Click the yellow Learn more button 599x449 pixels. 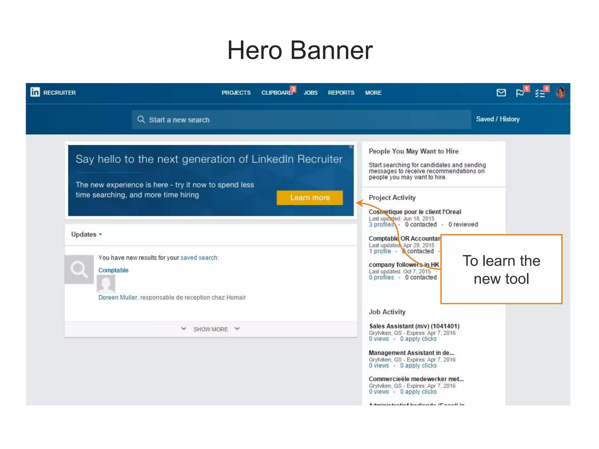pyautogui.click(x=309, y=198)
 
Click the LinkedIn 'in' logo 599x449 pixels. pyautogui.click(x=35, y=92)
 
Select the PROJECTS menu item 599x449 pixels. pyautogui.click(x=236, y=93)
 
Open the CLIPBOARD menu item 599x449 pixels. pyautogui.click(x=277, y=93)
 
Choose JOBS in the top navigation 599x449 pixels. pyautogui.click(x=310, y=93)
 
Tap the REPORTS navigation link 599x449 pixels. pyautogui.click(x=341, y=93)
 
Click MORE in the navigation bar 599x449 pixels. pyautogui.click(x=373, y=93)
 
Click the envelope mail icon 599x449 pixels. pyautogui.click(x=501, y=93)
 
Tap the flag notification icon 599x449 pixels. pyautogui.click(x=520, y=93)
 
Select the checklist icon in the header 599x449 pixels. pyautogui.click(x=540, y=93)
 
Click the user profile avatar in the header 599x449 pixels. pyautogui.click(x=560, y=93)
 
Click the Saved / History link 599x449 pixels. pyautogui.click(x=498, y=119)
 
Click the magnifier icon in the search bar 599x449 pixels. pyautogui.click(x=141, y=120)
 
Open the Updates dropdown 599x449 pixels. pyautogui.click(x=86, y=234)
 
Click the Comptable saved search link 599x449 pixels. pyautogui.click(x=113, y=270)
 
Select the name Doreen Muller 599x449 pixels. pyautogui.click(x=118, y=297)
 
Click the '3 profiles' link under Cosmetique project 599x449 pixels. pyautogui.click(x=381, y=224)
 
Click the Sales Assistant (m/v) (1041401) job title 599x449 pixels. pyautogui.click(x=414, y=326)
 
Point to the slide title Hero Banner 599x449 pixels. pyautogui.click(x=300, y=50)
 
